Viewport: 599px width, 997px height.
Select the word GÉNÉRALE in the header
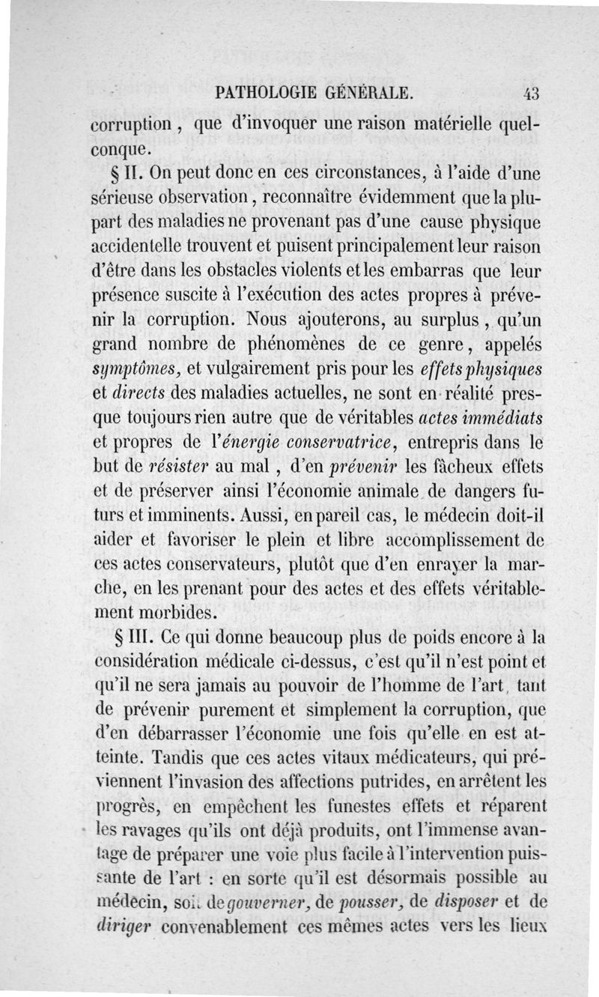coord(369,94)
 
